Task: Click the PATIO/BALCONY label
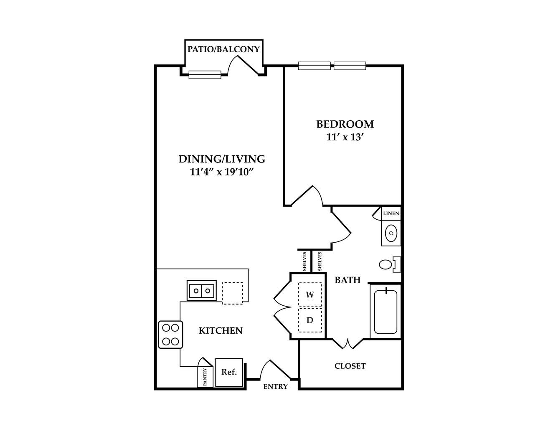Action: [223, 49]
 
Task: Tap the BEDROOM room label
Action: [345, 124]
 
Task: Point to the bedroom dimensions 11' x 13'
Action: [345, 137]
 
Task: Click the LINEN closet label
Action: [391, 213]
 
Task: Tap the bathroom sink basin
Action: [391, 233]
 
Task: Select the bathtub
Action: [386, 312]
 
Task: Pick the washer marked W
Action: [310, 294]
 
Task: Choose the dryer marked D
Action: [310, 320]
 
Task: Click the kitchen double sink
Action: [202, 291]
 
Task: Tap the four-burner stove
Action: [170, 335]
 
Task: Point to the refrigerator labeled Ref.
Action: [229, 372]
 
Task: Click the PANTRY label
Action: [205, 377]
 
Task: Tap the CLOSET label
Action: [350, 366]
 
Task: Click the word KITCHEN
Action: [221, 331]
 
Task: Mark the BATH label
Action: [347, 280]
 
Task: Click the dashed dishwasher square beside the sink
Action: [232, 294]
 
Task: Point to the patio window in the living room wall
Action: [205, 75]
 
